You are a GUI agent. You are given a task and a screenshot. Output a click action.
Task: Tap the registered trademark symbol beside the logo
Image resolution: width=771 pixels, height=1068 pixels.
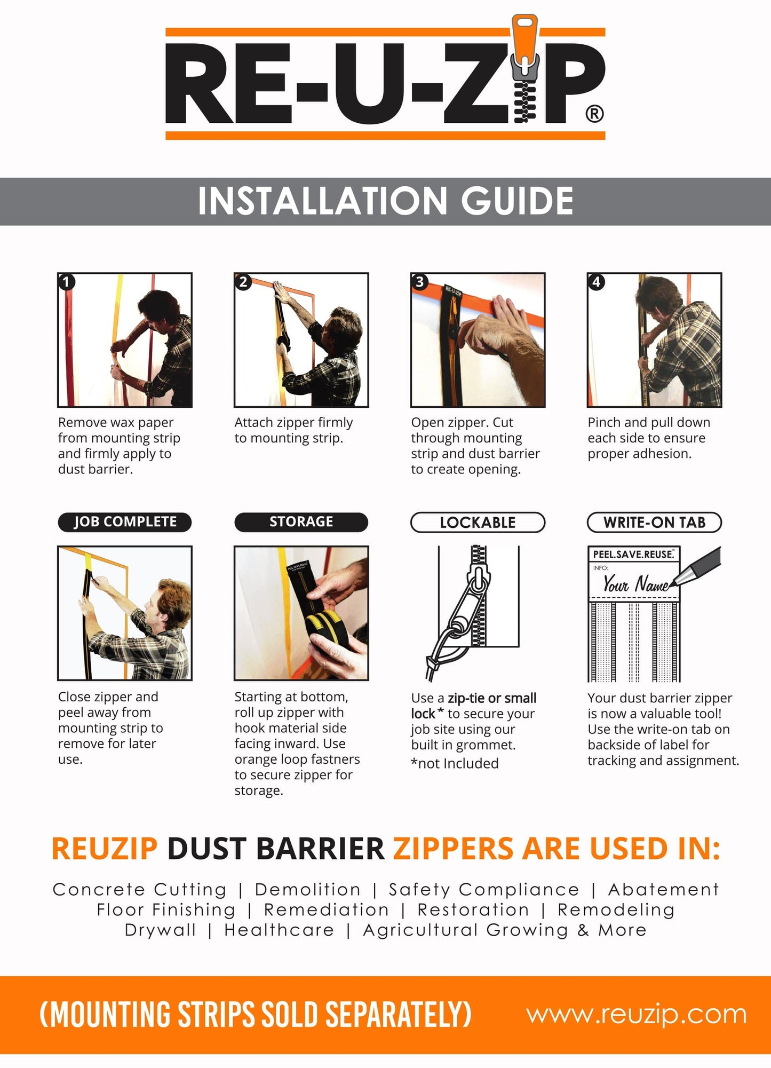click(594, 114)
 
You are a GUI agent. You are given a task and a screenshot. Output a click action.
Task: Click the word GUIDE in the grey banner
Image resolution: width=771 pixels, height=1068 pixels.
click(517, 201)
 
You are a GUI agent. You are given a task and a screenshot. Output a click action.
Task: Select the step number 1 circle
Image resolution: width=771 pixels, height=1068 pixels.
click(66, 281)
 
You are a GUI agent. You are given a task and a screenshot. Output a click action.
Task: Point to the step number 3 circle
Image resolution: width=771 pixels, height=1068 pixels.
click(419, 281)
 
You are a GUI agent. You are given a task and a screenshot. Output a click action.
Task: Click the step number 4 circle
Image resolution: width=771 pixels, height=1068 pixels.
click(596, 281)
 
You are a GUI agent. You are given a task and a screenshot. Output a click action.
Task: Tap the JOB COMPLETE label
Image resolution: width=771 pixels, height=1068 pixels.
click(125, 522)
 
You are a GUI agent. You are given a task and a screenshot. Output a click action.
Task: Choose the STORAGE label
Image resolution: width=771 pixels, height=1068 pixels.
click(301, 522)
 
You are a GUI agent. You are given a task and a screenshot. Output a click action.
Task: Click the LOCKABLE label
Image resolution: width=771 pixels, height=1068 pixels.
click(478, 523)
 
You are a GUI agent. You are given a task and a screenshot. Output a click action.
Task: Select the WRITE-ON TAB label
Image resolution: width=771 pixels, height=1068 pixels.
click(654, 523)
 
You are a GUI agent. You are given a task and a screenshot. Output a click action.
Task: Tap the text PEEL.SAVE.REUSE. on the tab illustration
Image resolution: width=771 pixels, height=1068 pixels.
click(633, 555)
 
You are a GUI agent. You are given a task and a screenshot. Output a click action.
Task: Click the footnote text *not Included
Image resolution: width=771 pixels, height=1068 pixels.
click(455, 764)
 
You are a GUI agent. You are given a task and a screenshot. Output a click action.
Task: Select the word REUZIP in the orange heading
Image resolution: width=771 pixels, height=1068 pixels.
click(105, 848)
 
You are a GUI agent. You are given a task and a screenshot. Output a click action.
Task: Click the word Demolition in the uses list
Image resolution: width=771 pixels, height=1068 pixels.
click(308, 890)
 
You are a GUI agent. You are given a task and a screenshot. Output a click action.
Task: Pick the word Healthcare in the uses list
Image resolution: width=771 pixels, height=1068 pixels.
click(279, 930)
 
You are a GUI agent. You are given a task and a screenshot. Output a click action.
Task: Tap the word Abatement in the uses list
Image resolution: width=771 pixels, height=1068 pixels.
click(663, 890)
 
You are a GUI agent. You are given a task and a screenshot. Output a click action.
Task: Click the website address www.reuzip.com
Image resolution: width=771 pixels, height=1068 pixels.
click(636, 1014)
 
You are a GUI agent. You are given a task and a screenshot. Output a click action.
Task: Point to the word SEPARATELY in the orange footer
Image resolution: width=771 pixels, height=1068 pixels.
click(398, 1015)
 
